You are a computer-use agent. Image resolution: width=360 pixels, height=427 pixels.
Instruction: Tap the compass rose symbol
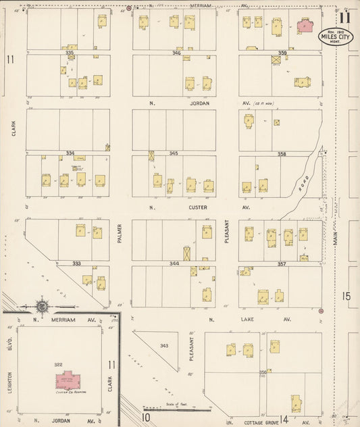(x=42, y=306)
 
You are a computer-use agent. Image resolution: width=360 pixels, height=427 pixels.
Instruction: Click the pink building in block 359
(x=305, y=26)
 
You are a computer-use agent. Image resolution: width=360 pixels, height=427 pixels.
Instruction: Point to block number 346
(x=176, y=52)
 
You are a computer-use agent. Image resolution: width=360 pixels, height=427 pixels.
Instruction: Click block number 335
(x=69, y=52)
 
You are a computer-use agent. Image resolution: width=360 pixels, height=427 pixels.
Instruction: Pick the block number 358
(x=282, y=154)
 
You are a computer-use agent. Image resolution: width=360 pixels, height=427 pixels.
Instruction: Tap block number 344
(x=174, y=263)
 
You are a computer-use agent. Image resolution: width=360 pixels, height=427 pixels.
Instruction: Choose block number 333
(x=76, y=263)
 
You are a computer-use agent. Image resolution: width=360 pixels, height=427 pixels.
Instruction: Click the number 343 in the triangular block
(x=163, y=346)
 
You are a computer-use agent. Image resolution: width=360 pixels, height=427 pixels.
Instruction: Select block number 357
(x=282, y=263)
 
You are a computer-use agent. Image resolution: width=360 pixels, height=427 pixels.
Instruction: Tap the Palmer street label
(x=119, y=233)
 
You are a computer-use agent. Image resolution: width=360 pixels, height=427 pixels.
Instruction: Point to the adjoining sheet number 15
(x=347, y=295)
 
